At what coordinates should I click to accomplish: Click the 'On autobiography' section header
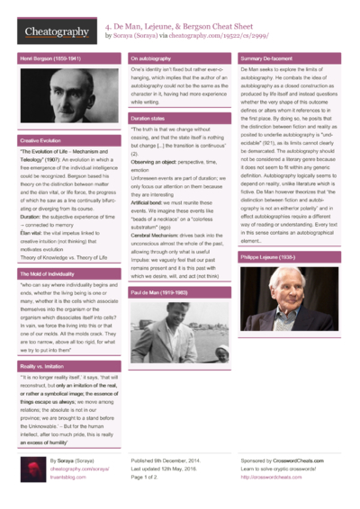click(152, 58)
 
